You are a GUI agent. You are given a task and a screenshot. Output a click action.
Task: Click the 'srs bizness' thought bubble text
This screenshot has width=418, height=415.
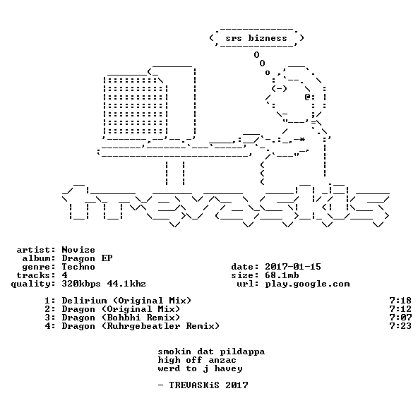tap(256, 38)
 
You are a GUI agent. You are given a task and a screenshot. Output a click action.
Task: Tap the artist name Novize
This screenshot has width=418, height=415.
tap(78, 250)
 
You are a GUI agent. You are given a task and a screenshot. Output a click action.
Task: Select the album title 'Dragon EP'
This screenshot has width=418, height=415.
tap(87, 258)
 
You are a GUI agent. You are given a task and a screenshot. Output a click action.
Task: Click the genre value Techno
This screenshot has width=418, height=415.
tap(78, 267)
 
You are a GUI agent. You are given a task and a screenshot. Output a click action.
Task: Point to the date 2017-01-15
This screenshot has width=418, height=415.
tap(293, 267)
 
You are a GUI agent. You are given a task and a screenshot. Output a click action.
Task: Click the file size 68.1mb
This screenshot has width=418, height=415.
tap(282, 275)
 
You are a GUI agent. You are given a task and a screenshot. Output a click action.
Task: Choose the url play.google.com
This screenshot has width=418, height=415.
tap(307, 284)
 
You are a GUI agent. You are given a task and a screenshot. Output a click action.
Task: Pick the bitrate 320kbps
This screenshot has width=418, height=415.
tap(81, 284)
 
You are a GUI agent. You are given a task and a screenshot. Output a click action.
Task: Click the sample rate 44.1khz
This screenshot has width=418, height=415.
tap(126, 284)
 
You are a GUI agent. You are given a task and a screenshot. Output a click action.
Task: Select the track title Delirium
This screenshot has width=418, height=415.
tap(84, 301)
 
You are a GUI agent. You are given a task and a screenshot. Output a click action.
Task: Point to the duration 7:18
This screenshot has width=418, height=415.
tap(400, 301)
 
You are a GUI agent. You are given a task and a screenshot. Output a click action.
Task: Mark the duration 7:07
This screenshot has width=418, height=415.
tap(400, 318)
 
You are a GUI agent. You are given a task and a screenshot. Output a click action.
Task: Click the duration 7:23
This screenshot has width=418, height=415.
tap(400, 326)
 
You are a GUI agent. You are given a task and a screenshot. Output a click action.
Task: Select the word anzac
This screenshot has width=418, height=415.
tap(222, 361)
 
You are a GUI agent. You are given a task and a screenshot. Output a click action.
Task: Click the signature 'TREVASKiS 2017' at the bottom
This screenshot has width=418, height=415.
tap(208, 385)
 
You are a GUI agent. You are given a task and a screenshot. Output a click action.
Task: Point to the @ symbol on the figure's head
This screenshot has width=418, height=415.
tap(307, 97)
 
